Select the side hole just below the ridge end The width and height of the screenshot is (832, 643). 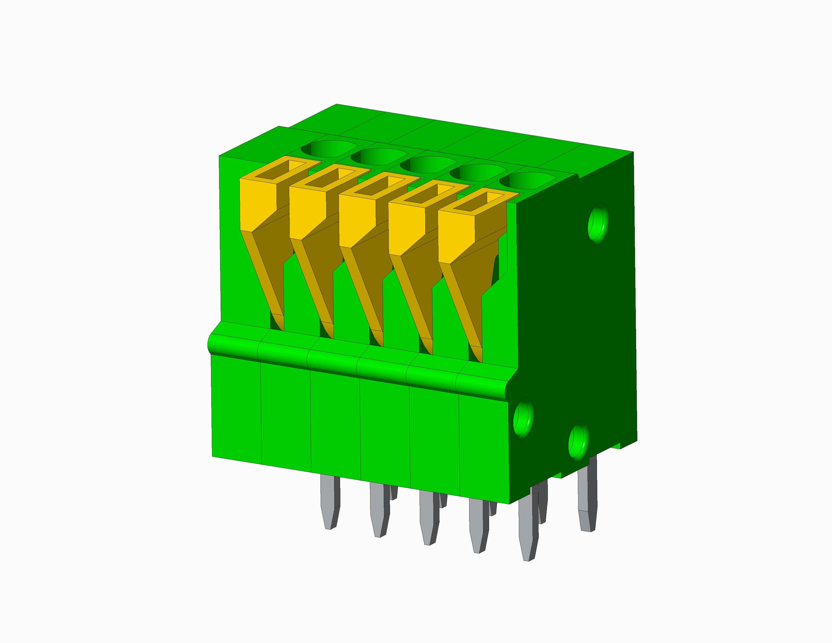(x=523, y=420)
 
